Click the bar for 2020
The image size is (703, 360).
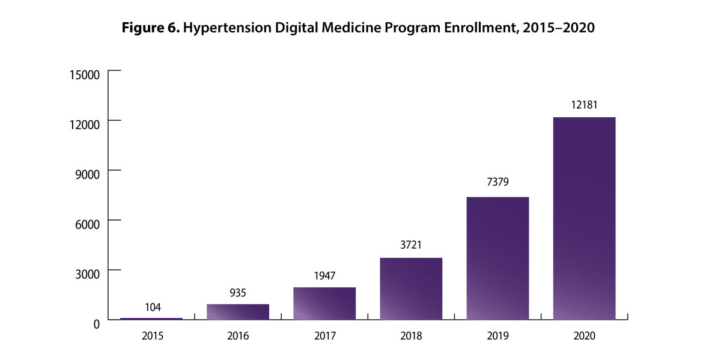pos(584,218)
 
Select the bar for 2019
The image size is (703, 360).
pos(498,258)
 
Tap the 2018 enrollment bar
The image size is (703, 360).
pos(411,288)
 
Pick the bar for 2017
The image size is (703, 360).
pos(324,304)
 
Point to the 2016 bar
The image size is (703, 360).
pos(238,312)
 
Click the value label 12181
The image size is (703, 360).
pos(584,105)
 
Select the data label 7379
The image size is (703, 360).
pos(498,182)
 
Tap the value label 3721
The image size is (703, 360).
pos(411,245)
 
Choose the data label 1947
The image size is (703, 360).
pos(324,276)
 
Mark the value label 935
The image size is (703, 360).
pos(238,293)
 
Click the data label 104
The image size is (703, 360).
pos(153,307)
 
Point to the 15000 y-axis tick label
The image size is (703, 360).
pos(84,75)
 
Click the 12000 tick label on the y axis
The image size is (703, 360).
pos(84,124)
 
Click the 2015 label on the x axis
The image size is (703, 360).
pos(153,336)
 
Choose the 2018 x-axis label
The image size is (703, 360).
pos(411,336)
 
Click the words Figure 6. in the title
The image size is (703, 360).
pos(151,28)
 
